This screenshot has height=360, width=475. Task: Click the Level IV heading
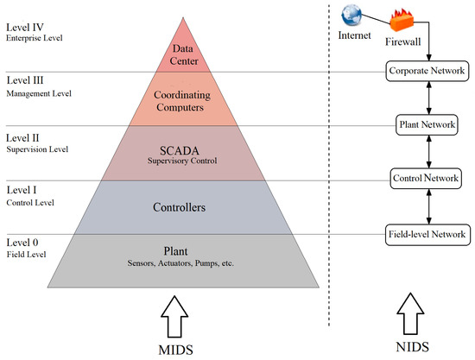[x=23, y=28]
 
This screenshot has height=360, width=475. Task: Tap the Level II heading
[x=22, y=136]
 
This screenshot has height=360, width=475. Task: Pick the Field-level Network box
[x=427, y=233]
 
